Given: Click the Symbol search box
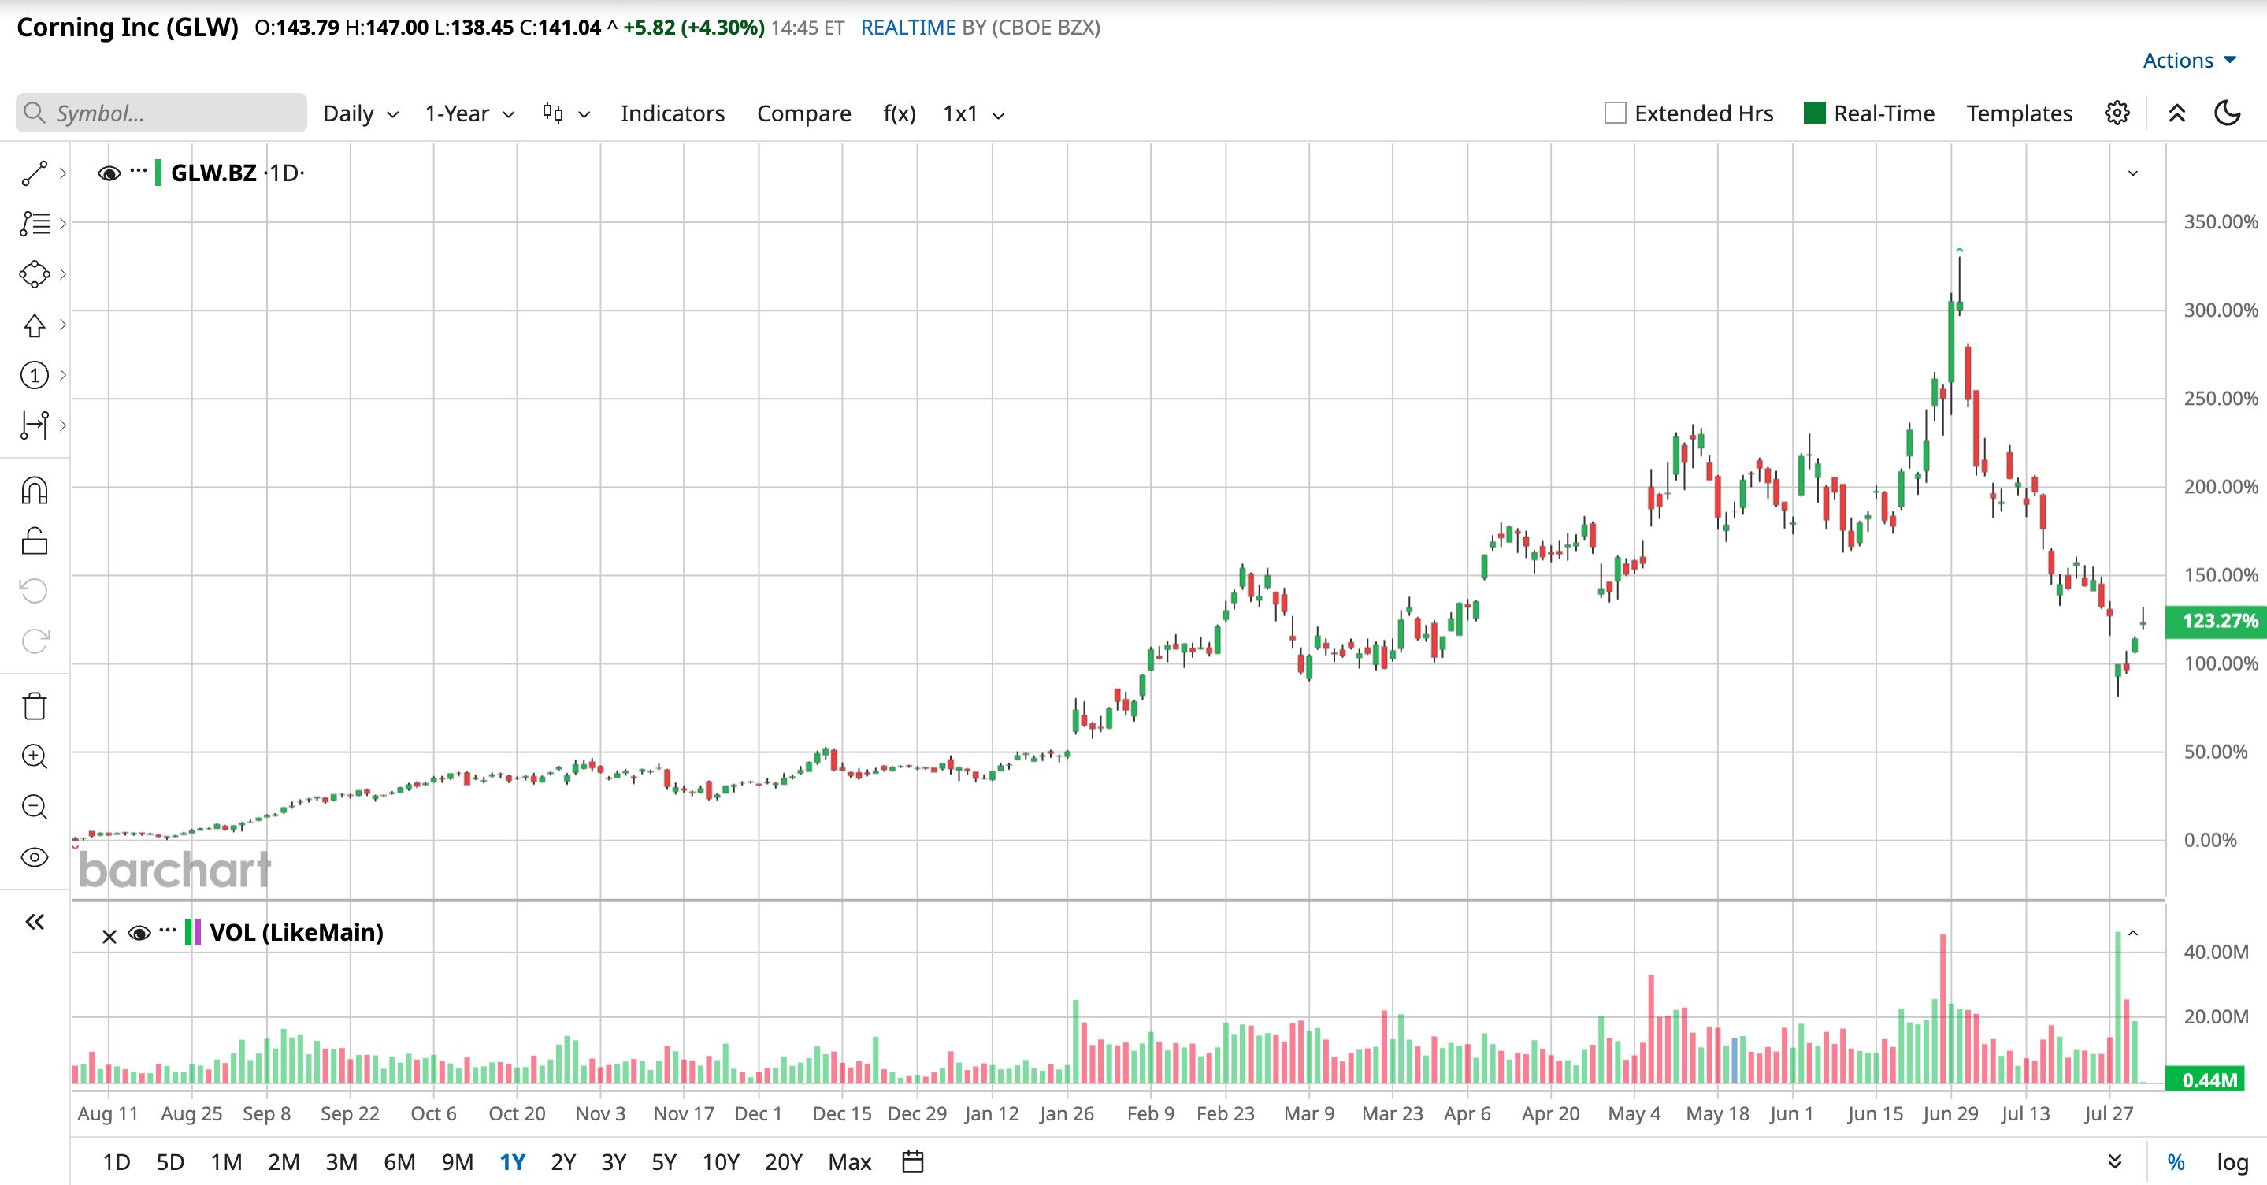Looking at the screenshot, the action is click(x=161, y=113).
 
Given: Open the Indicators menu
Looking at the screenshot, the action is click(x=673, y=113).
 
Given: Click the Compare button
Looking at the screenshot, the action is click(x=803, y=113).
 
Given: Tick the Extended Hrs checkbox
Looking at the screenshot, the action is click(x=1615, y=113).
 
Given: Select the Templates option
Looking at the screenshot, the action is click(x=2019, y=113).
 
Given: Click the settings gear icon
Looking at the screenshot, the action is click(x=2117, y=113).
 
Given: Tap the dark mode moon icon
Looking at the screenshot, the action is click(x=2227, y=113).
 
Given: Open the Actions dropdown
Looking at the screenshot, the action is click(x=2189, y=60).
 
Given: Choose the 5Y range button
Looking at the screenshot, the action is click(x=663, y=1162).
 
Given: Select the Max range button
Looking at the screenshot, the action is click(x=849, y=1162).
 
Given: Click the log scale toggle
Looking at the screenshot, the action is click(x=2232, y=1162).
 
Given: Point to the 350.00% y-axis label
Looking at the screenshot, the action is click(x=2221, y=222).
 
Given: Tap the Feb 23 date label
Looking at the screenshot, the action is click(x=1225, y=1113).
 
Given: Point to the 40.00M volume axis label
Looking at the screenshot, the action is click(x=2216, y=952).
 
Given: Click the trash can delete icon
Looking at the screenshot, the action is click(x=35, y=706).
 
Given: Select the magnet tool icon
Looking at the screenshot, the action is click(x=35, y=490).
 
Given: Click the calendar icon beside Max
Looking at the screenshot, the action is click(x=913, y=1162).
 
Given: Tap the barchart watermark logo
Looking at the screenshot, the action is click(x=174, y=870).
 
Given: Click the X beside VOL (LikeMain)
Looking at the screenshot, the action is click(x=109, y=937).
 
